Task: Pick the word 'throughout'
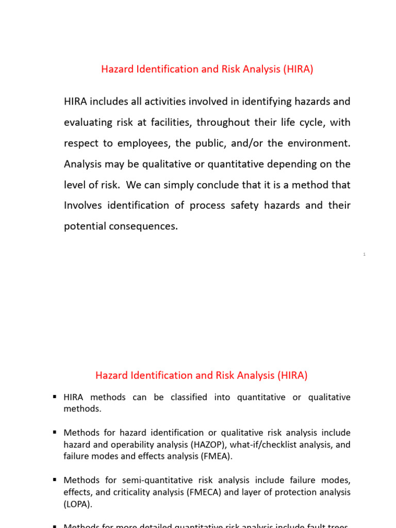click(x=222, y=123)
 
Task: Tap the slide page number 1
click(x=364, y=254)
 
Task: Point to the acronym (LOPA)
click(x=77, y=504)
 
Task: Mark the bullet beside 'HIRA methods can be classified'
click(x=55, y=397)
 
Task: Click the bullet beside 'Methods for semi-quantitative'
click(x=55, y=480)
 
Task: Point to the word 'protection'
click(x=300, y=492)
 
